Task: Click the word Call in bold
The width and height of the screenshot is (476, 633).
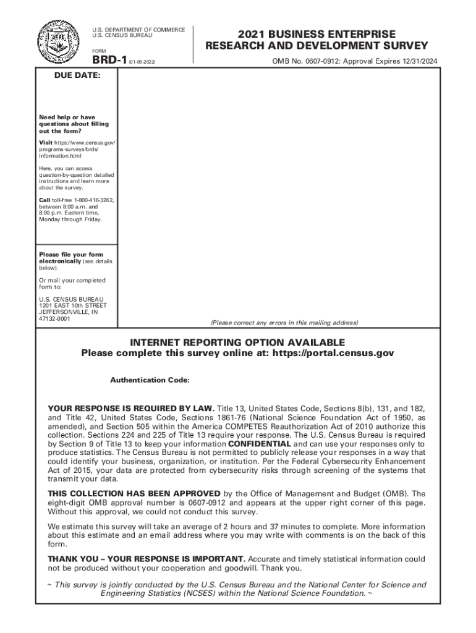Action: pos(45,201)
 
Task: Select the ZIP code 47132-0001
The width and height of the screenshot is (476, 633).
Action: pos(54,318)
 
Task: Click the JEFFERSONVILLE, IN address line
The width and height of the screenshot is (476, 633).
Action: pos(68,312)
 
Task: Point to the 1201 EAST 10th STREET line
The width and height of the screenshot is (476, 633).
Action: pos(72,305)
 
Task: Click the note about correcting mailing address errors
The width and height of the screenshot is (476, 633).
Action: pos(284,323)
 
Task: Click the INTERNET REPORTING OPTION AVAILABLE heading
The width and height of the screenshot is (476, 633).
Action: pos(237,342)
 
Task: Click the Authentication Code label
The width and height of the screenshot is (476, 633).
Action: pos(150,380)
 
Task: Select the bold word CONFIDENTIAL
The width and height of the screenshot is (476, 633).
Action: pos(260,444)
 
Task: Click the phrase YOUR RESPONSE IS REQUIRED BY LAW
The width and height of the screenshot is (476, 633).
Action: pos(131,409)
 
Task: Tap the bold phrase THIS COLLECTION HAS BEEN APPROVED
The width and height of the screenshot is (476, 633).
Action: pos(134,493)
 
